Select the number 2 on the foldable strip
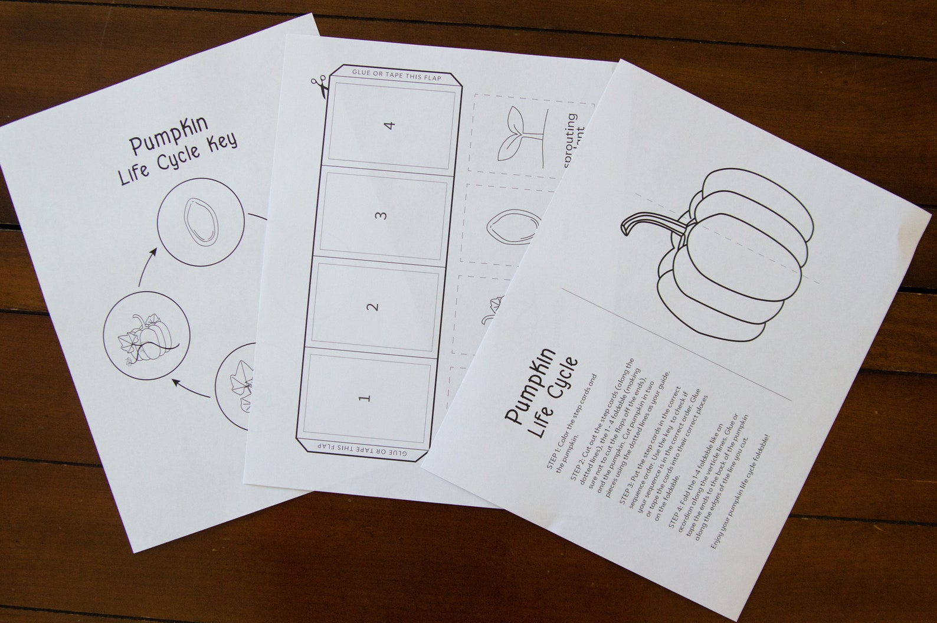pos(372,307)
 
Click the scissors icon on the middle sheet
pos(319,87)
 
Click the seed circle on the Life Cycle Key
pos(201,222)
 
